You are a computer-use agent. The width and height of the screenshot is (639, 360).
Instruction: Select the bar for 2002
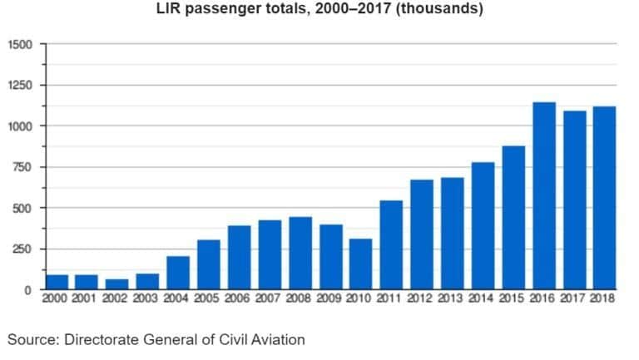[x=118, y=284]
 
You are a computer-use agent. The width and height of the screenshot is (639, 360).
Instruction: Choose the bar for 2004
[x=179, y=273]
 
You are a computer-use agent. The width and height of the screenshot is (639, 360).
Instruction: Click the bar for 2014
[x=483, y=226]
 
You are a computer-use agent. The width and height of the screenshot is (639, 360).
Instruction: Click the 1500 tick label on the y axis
[x=20, y=44]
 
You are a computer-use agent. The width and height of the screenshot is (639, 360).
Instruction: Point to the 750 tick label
[x=23, y=167]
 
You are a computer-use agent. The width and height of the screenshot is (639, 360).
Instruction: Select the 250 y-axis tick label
[x=23, y=249]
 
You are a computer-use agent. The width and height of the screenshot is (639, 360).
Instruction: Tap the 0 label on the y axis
[x=28, y=290]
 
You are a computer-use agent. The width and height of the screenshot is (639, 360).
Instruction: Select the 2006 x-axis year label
[x=240, y=299]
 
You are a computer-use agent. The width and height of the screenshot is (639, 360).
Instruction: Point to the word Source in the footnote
[x=29, y=338]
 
